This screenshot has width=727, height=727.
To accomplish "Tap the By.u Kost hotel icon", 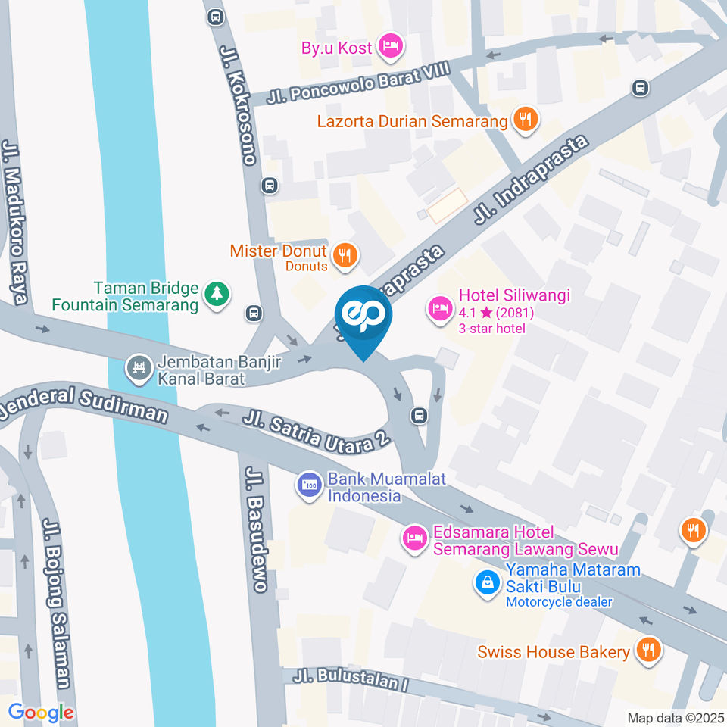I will click(x=391, y=46).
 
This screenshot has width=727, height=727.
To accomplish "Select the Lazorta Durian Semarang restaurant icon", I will click(x=524, y=119).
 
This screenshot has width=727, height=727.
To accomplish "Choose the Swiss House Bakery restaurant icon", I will click(x=647, y=649).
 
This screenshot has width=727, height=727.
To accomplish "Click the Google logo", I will click(x=41, y=712).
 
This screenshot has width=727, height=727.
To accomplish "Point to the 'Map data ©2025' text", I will click(x=676, y=717).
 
